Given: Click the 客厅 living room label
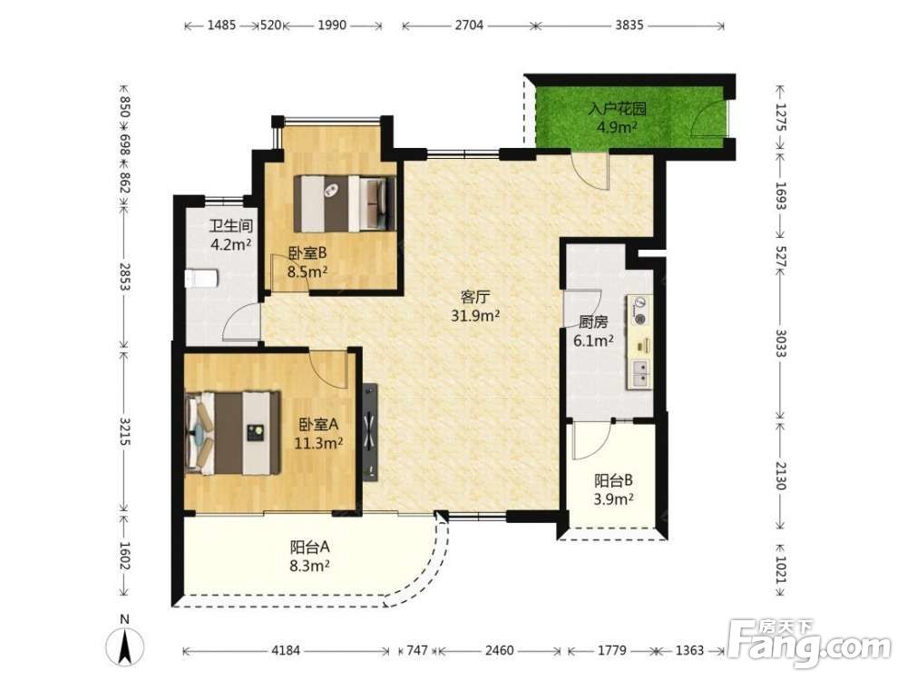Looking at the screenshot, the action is point(475,297).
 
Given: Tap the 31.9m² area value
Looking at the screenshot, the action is point(475,316).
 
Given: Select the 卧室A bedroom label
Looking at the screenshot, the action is point(318,424).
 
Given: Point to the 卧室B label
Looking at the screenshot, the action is point(307,253).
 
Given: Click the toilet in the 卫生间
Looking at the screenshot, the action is point(200,279).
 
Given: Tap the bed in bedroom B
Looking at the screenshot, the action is point(345,203).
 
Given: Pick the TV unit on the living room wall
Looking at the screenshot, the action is point(370,432).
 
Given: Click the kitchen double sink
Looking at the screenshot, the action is point(640,373).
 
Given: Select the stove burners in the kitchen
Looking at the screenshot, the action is point(639,311).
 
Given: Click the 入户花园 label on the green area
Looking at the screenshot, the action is point(617,108).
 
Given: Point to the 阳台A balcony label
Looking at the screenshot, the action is point(309,547).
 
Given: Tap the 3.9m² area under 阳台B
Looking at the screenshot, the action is point(613,499).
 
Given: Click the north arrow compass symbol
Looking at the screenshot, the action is point(125,644).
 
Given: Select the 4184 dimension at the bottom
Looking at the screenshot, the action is point(286,650).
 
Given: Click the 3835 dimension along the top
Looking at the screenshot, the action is point(629,25).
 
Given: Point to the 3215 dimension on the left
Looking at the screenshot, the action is point(124,431).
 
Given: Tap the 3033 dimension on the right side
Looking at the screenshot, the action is point(781,343).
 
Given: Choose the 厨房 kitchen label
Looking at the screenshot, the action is point(593,322).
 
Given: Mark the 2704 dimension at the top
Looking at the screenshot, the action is point(469,25).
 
